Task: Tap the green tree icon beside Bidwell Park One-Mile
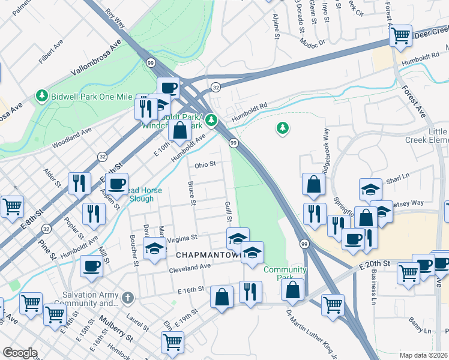(x=42, y=95)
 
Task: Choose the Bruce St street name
(x=191, y=193)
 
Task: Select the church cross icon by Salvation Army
(x=127, y=298)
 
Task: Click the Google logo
(x=20, y=353)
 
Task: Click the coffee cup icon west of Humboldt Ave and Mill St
(x=91, y=265)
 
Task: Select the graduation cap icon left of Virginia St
(x=154, y=248)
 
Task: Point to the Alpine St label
(x=276, y=27)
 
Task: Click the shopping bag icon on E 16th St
(x=221, y=297)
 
